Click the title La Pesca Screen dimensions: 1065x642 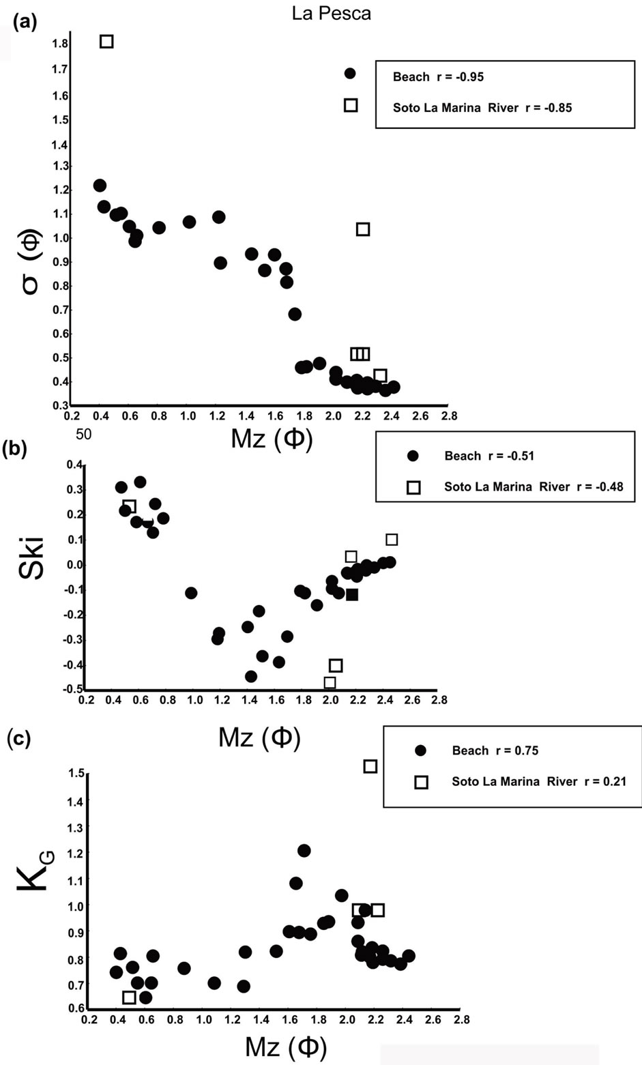pyautogui.click(x=331, y=14)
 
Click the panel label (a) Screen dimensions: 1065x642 pyautogui.click(x=24, y=23)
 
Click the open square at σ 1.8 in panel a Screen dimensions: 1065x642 pyautogui.click(x=106, y=42)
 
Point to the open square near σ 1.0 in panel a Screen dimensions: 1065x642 pyautogui.click(x=363, y=229)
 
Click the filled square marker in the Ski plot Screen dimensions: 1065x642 pyautogui.click(x=352, y=595)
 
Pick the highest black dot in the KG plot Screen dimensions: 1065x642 pyautogui.click(x=304, y=851)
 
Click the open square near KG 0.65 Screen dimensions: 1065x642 pyautogui.click(x=129, y=997)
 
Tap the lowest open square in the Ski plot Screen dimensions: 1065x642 pyautogui.click(x=330, y=683)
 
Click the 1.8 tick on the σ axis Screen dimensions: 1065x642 pyautogui.click(x=59, y=44)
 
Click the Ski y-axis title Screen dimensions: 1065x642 pyautogui.click(x=31, y=557)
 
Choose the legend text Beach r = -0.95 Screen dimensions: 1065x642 pyautogui.click(x=438, y=77)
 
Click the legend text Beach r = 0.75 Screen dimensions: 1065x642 pyautogui.click(x=495, y=751)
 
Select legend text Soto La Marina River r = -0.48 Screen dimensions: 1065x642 pyautogui.click(x=533, y=487)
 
